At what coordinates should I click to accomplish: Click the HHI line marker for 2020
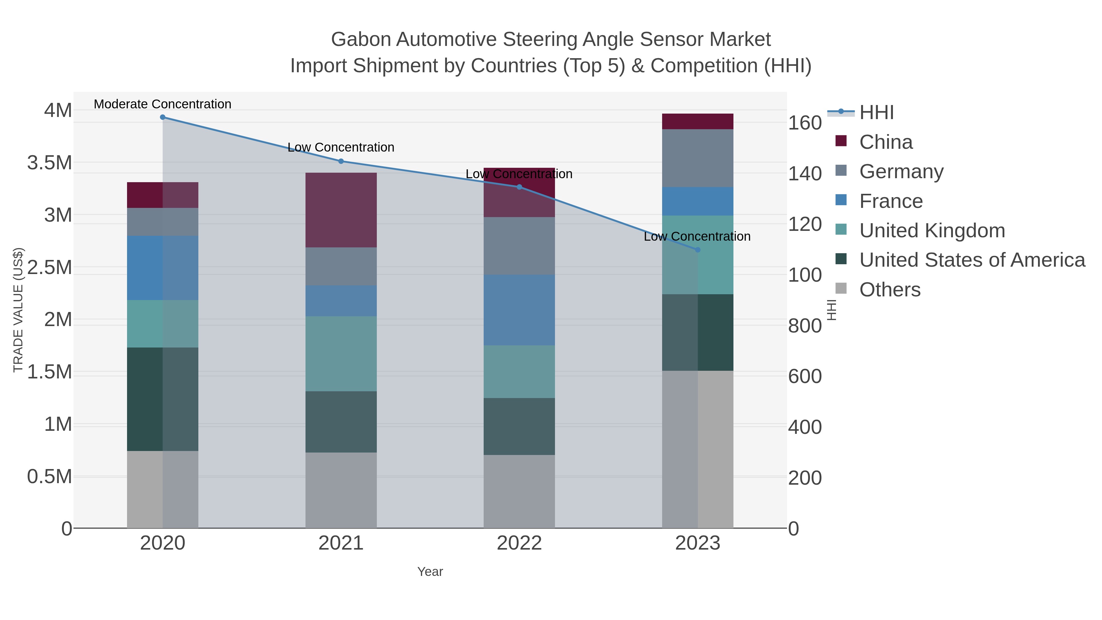pyautogui.click(x=163, y=117)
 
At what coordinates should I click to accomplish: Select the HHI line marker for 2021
pyautogui.click(x=341, y=161)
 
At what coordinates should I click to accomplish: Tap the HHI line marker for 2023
pyautogui.click(x=698, y=250)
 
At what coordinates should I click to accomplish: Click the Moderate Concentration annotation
pyautogui.click(x=163, y=104)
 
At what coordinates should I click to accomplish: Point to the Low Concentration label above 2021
pyautogui.click(x=341, y=147)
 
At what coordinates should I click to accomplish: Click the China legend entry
pyautogui.click(x=886, y=142)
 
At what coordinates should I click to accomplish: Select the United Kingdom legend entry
pyautogui.click(x=932, y=231)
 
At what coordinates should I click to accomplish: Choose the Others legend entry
pyautogui.click(x=890, y=290)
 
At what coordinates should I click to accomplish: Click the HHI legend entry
pyautogui.click(x=876, y=113)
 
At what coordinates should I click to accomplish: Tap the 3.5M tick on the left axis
pyautogui.click(x=50, y=163)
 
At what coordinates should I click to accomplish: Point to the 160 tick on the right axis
pyautogui.click(x=805, y=123)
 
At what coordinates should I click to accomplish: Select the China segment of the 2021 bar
pyautogui.click(x=341, y=210)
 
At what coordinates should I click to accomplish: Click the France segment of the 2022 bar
pyautogui.click(x=519, y=310)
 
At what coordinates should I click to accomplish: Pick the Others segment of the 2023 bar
pyautogui.click(x=698, y=449)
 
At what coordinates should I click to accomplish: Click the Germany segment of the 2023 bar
pyautogui.click(x=698, y=158)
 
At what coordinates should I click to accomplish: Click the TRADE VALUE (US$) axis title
pyautogui.click(x=18, y=310)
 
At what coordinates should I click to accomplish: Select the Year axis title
pyautogui.click(x=430, y=572)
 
